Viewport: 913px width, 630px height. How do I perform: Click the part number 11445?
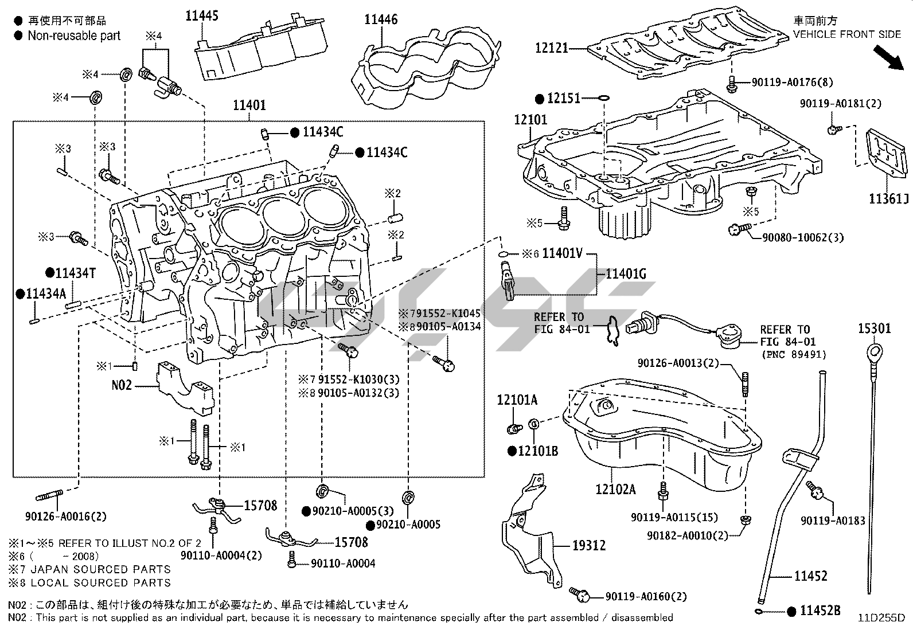coord(201,15)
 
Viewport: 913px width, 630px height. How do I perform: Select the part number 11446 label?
coord(381,19)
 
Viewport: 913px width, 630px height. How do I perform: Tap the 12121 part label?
coord(552,48)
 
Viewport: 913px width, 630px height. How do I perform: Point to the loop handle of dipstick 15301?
coord(875,350)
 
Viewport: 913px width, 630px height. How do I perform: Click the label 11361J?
coord(889,199)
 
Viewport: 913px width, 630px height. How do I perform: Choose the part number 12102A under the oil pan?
coord(615,489)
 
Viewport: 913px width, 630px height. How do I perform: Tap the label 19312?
coord(589,545)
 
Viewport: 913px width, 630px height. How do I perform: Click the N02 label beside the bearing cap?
coord(122,385)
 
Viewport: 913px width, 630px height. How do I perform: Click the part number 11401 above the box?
coord(249,105)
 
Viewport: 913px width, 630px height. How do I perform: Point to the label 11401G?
coord(626,274)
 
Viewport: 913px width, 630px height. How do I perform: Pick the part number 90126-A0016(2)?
coord(66,516)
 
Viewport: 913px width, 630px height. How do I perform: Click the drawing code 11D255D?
coord(881,618)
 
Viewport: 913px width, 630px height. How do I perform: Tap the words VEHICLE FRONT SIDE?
coord(847,34)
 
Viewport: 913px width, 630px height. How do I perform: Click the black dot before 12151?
coord(539,99)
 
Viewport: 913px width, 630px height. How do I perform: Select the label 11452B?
coord(820,611)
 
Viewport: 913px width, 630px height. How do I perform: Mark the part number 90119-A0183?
coord(833,521)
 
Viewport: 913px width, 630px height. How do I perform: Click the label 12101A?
coord(517,400)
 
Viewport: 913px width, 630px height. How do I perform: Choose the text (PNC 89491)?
coord(793,354)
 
